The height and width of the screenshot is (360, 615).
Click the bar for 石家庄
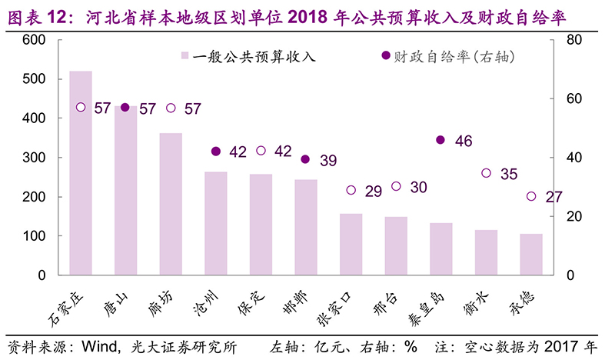pyautogui.click(x=81, y=173)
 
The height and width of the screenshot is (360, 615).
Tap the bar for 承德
pyautogui.click(x=531, y=255)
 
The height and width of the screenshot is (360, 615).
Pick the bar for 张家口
pyautogui.click(x=351, y=244)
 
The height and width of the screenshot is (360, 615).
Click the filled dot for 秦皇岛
pyautogui.click(x=440, y=140)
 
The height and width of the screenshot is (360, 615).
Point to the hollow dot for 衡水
pyautogui.click(x=486, y=173)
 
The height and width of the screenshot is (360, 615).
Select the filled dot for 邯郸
pyautogui.click(x=305, y=159)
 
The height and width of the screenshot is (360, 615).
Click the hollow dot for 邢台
pyautogui.click(x=396, y=186)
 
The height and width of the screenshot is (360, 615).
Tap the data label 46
pyautogui.click(x=464, y=141)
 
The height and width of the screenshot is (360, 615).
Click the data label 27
pyautogui.click(x=553, y=197)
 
